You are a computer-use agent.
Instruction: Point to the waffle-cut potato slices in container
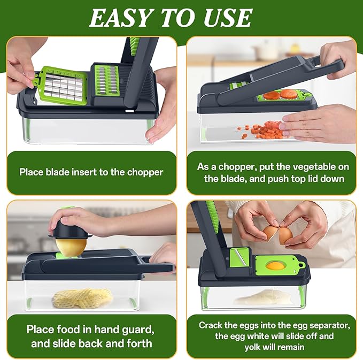(x=83, y=297)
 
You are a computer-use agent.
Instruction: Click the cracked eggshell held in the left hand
(x=271, y=232)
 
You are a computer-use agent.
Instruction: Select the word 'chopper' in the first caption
(x=144, y=172)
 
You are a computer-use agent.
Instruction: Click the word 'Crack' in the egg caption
(x=210, y=325)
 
